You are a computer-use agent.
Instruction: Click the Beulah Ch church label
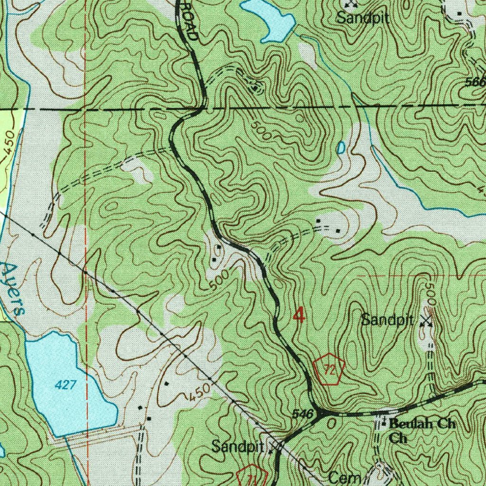pyautogui.click(x=422, y=424)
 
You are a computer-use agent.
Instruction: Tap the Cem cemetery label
pyautogui.click(x=346, y=478)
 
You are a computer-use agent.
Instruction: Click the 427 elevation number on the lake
pyautogui.click(x=65, y=385)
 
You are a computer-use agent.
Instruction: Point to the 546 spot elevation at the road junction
pyautogui.click(x=302, y=414)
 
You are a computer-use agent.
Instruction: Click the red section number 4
pyautogui.click(x=299, y=315)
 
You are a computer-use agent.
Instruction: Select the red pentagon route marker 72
pyautogui.click(x=328, y=369)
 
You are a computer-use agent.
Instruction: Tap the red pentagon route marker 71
pyautogui.click(x=252, y=477)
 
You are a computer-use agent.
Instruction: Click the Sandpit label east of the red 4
pyautogui.click(x=387, y=320)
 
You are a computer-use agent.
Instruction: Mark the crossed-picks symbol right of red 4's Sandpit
pyautogui.click(x=426, y=321)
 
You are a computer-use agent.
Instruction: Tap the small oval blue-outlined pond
pyautogui.click(x=340, y=148)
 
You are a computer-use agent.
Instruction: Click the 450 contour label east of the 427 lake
pyautogui.click(x=198, y=392)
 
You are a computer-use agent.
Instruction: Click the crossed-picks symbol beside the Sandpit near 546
pyautogui.click(x=275, y=447)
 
